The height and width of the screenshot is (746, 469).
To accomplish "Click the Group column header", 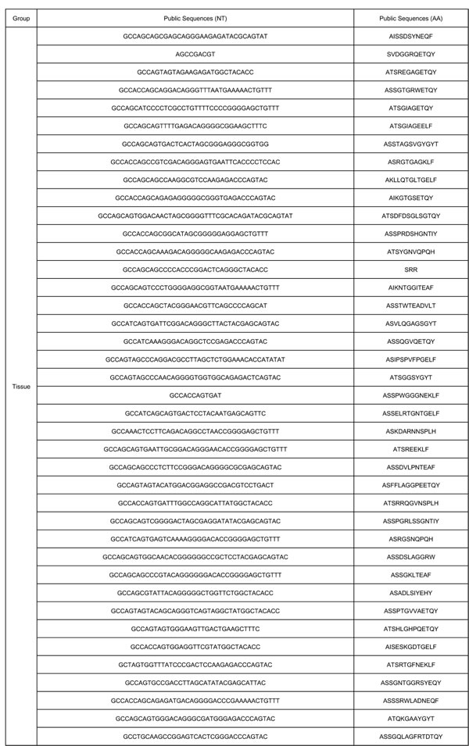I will tap(21, 18).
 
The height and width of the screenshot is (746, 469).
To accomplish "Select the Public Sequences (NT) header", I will tap(195, 18).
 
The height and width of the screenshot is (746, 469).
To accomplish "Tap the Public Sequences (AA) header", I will tap(410, 18).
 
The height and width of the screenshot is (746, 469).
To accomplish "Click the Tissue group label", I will tap(21, 387).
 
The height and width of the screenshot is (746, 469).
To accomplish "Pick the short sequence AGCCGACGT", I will tap(195, 55).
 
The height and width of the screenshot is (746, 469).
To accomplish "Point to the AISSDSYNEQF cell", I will tap(410, 37).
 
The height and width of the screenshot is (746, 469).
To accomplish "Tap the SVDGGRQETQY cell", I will tap(410, 55).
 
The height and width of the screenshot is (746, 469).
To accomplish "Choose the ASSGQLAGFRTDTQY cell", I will tap(410, 737).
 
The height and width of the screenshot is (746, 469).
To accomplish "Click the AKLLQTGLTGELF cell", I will tap(410, 180).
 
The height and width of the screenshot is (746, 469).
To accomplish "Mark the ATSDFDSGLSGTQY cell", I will tap(410, 216).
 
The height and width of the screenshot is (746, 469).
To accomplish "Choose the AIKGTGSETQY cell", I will tap(410, 198).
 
